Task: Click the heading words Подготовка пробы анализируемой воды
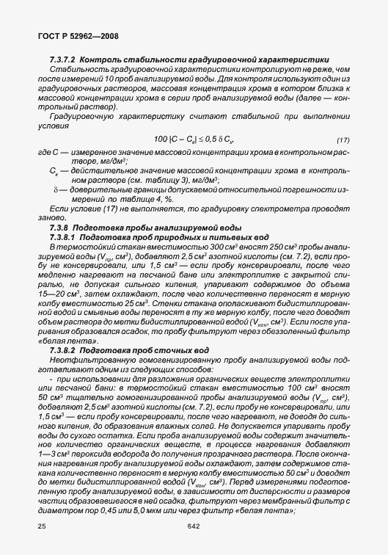pos(133,228)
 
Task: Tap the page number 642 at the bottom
pos(193,526)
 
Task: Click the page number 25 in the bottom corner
pos(40,526)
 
